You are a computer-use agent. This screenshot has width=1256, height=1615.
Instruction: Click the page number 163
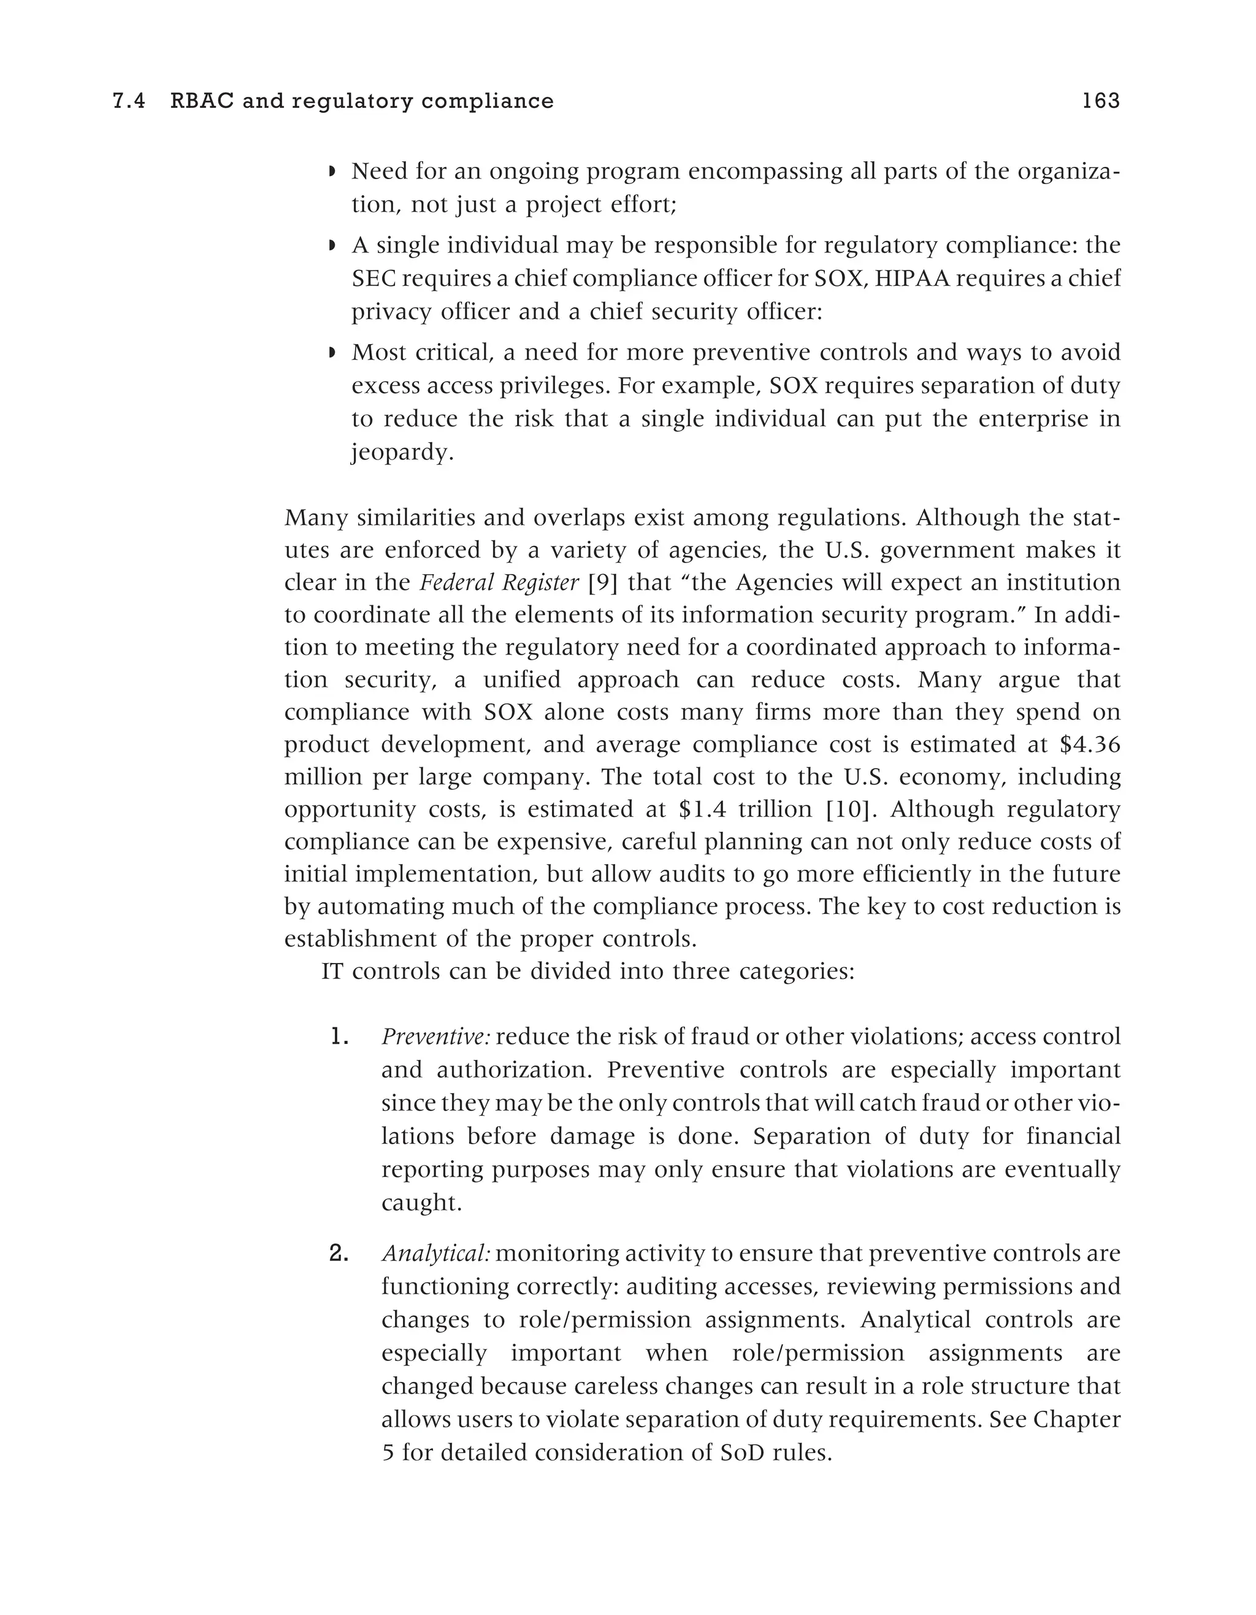(x=1101, y=101)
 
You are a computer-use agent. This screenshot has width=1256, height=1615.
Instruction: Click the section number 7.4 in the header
(x=128, y=101)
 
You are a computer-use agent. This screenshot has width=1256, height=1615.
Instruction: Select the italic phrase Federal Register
(x=499, y=583)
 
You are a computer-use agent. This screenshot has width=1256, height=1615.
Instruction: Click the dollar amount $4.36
(x=1090, y=745)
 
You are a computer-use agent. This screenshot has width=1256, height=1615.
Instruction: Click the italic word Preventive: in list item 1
(x=435, y=1037)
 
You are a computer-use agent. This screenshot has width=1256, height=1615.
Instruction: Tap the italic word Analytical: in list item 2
(x=436, y=1253)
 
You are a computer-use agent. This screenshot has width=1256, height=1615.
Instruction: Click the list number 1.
(x=339, y=1037)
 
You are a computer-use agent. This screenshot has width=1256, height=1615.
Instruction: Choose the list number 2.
(x=339, y=1253)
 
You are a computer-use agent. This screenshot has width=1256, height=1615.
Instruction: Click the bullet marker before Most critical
(x=332, y=353)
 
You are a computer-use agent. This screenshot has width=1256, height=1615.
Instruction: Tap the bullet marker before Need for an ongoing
(x=332, y=172)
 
